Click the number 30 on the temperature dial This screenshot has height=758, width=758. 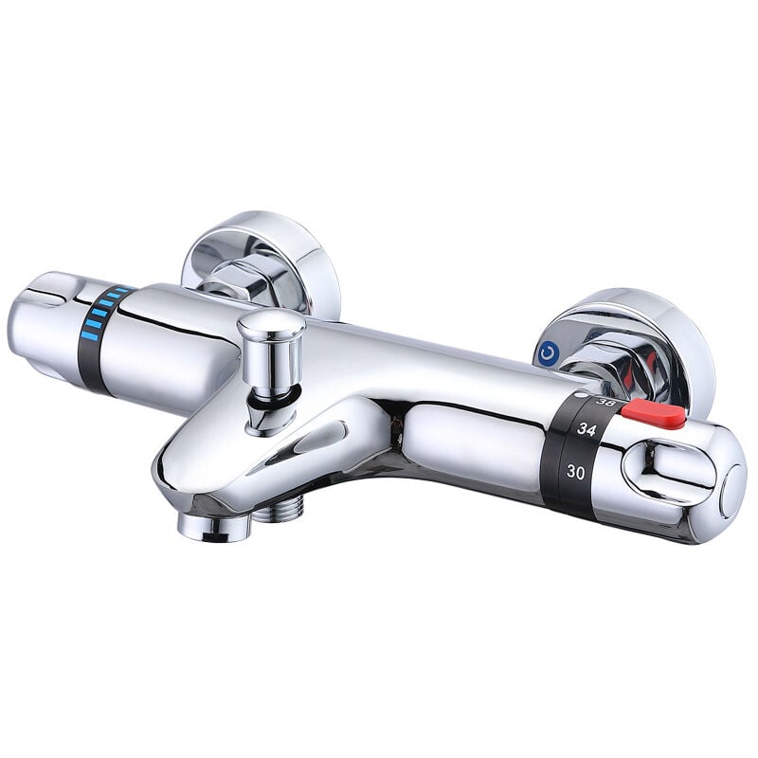(575, 471)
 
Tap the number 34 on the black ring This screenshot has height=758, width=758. (587, 429)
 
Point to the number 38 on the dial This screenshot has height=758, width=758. (605, 401)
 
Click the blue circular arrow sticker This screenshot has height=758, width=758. (547, 352)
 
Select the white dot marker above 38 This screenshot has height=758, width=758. (580, 395)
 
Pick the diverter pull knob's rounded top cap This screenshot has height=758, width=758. (271, 321)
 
